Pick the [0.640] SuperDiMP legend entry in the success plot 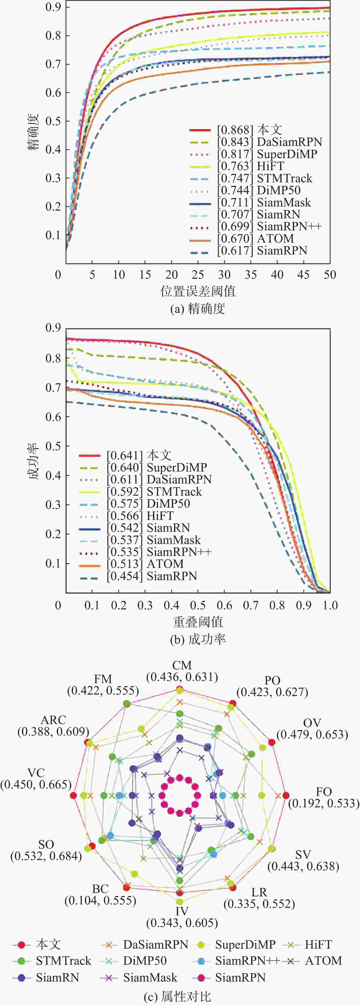pos(157,467)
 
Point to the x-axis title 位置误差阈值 pos(198,291)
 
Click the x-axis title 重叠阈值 pos(198,622)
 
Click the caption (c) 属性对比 pos(178,997)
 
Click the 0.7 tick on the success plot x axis pos(251,605)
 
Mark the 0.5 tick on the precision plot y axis pos(53,121)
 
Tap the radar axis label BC pos(100,889)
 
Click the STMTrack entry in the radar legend pos(63,961)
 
